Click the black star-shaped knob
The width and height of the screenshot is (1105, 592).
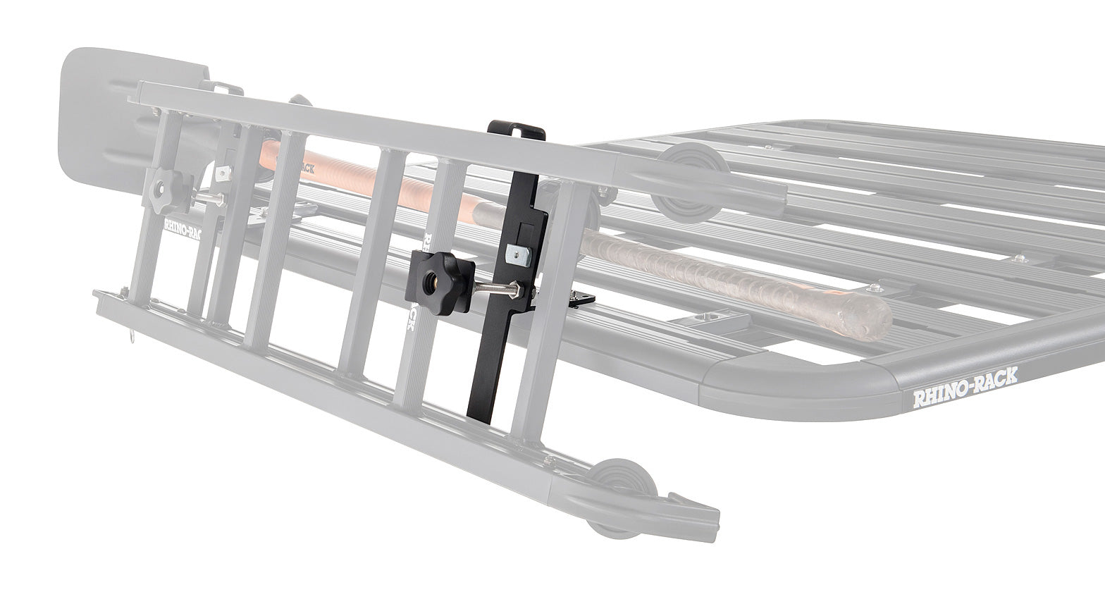tap(436, 280)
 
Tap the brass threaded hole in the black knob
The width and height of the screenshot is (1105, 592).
tap(430, 281)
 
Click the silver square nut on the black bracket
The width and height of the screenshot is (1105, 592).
tap(517, 252)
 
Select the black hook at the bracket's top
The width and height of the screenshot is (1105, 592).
tap(517, 130)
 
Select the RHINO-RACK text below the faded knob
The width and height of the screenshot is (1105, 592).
tap(182, 229)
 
